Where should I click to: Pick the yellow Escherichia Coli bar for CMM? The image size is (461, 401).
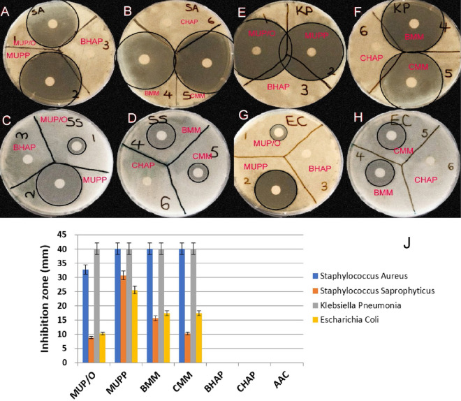tap(199, 337)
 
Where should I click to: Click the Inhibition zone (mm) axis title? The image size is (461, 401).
tap(45, 299)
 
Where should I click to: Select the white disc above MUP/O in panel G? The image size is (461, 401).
tap(278, 131)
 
